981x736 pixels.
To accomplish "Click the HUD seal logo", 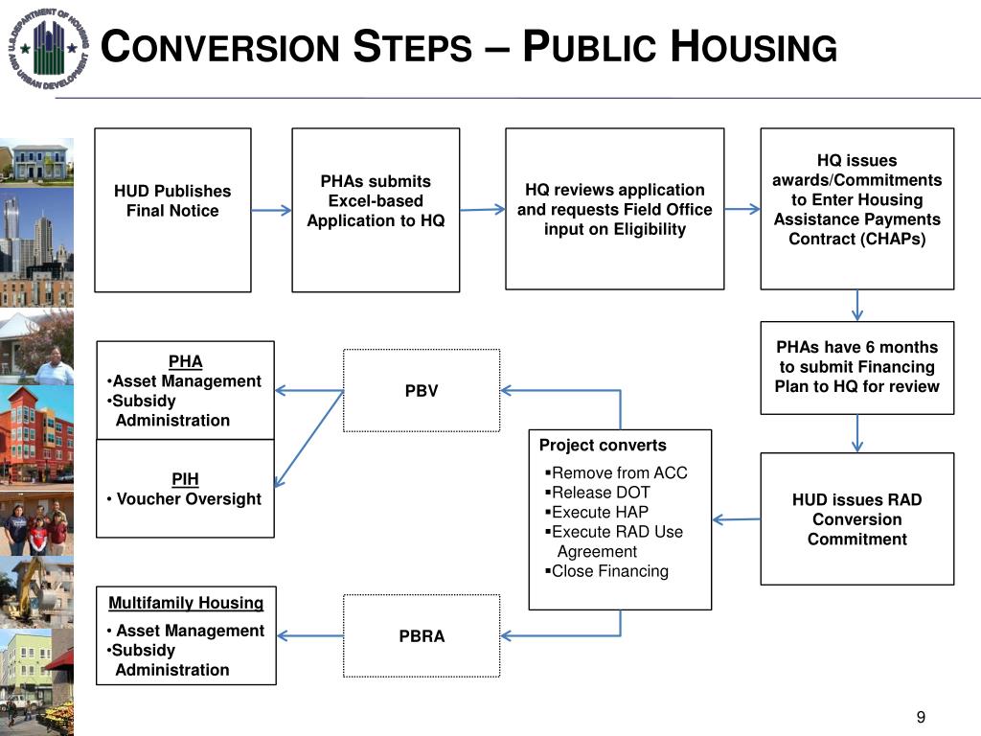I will [48, 48].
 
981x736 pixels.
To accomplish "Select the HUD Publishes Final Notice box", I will [172, 210].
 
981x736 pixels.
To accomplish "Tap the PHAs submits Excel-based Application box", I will [376, 210].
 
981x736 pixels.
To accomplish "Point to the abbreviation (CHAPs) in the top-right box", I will [856, 239].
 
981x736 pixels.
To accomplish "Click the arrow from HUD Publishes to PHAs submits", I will [271, 211].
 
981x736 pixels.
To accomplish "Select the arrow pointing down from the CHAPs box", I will [856, 305].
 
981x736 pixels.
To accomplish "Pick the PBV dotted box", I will [422, 391].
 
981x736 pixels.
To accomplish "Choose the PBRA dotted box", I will [422, 636].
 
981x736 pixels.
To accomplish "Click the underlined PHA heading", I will [185, 361].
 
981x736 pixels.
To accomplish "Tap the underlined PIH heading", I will [185, 478].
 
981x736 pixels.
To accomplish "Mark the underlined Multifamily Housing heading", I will [186, 603].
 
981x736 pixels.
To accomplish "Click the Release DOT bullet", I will [601, 493].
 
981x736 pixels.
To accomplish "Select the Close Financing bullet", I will [609, 571].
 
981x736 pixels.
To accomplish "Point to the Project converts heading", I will [603, 446].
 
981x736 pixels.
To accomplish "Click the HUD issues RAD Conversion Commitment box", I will [856, 519].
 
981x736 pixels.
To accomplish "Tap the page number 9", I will [921, 718].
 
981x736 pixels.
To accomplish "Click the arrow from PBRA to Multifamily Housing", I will [309, 636].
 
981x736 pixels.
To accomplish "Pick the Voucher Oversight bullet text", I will [189, 498].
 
